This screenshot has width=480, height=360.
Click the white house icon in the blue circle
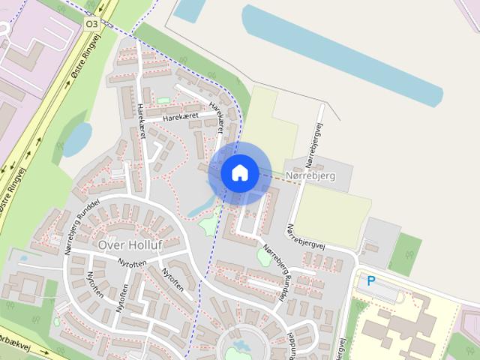(x=239, y=172)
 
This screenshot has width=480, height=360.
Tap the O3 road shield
(x=91, y=24)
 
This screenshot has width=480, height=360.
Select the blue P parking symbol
(x=370, y=281)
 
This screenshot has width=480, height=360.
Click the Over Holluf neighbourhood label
(x=130, y=244)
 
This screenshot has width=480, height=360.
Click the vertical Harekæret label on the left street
(x=140, y=121)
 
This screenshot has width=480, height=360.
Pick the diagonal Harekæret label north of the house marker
(x=217, y=116)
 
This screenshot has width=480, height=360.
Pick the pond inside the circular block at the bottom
(x=242, y=346)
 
